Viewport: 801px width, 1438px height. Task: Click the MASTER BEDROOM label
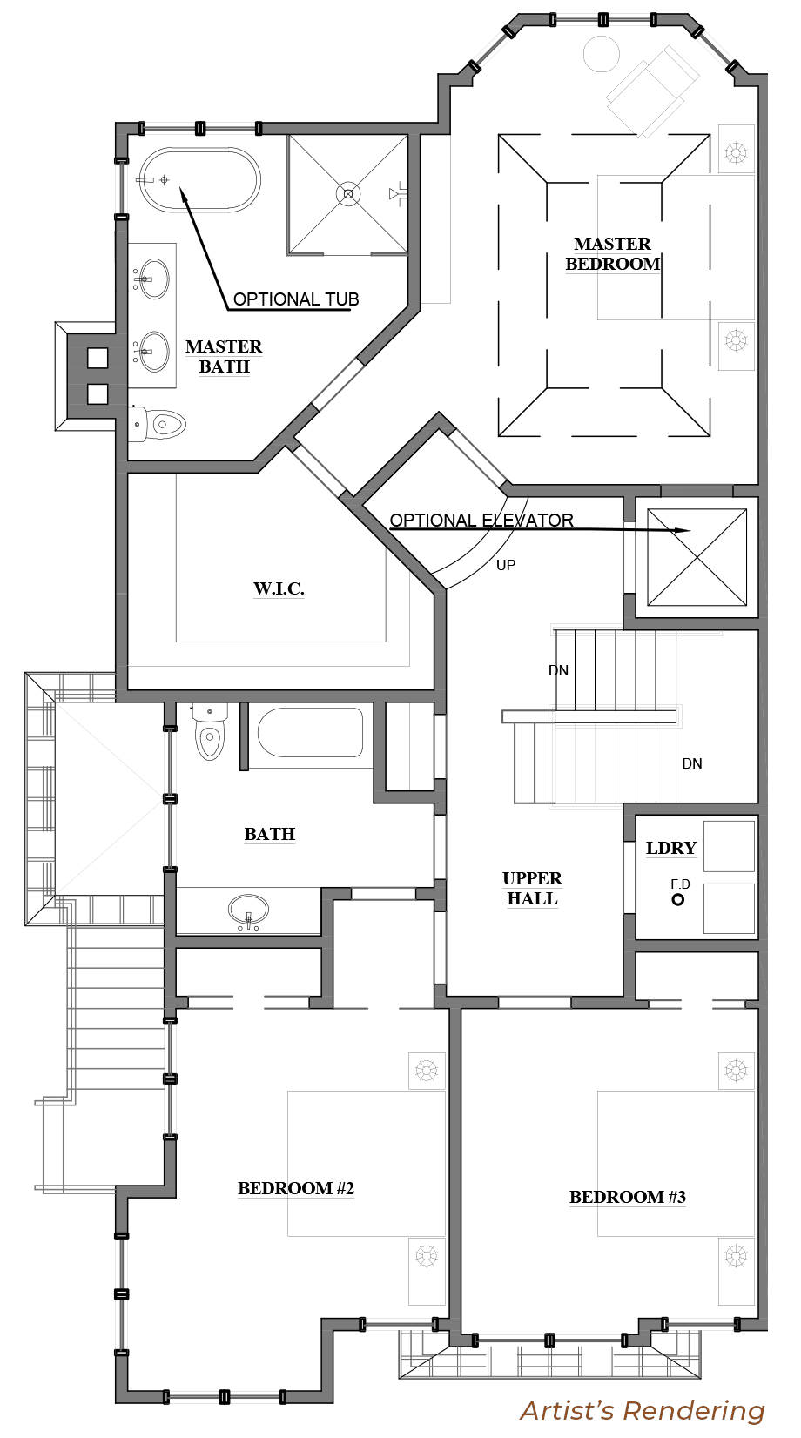[612, 253]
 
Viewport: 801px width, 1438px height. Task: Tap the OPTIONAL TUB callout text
[295, 299]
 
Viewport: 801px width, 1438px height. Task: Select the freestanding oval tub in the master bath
[199, 180]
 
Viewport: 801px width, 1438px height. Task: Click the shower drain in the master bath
[348, 194]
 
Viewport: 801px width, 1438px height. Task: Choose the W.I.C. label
[279, 588]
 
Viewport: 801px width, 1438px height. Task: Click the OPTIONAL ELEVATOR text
[481, 520]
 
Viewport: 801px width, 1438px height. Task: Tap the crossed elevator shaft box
[697, 557]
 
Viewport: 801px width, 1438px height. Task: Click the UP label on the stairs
[506, 565]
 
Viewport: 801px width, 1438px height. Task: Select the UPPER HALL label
[532, 888]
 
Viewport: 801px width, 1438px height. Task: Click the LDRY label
[670, 848]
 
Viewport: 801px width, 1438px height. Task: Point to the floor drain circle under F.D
[677, 899]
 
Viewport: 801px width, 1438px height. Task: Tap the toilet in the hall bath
[210, 732]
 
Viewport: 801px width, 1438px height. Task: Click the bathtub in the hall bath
[310, 732]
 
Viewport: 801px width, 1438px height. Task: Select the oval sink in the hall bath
[249, 910]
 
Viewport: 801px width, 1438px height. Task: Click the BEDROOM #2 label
[295, 1188]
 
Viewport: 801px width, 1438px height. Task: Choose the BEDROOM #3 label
[627, 1197]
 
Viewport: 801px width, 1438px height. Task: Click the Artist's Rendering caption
[643, 1410]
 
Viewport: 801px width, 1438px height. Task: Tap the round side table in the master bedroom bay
[602, 54]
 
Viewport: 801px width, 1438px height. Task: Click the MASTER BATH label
[224, 356]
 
